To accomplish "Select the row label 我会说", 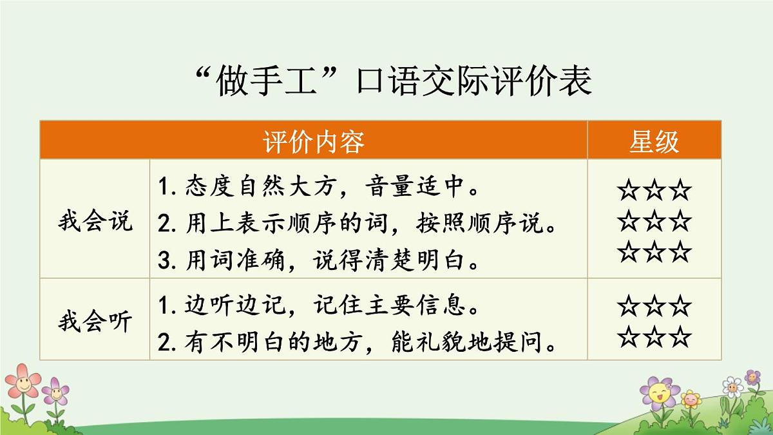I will (x=95, y=221).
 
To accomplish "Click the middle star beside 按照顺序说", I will (x=654, y=221).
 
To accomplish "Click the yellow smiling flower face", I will (x=658, y=392).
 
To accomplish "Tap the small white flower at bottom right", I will (x=732, y=387).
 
